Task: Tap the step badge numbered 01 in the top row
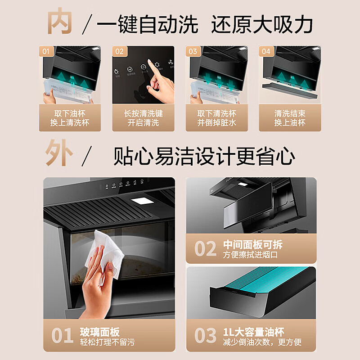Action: pyautogui.click(x=46, y=51)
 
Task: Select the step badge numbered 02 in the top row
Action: pyautogui.click(x=119, y=51)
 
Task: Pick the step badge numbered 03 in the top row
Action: pyautogui.click(x=193, y=51)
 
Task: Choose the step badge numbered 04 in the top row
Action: pyautogui.click(x=266, y=51)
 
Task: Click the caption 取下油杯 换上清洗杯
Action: pyautogui.click(x=70, y=118)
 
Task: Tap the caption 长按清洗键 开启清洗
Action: pyautogui.click(x=143, y=118)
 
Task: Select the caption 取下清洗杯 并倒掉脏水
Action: pyautogui.click(x=216, y=118)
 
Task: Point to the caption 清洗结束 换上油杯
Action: pyautogui.click(x=290, y=118)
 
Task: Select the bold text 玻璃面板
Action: pyautogui.click(x=101, y=332)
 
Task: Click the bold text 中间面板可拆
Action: pyautogui.click(x=253, y=245)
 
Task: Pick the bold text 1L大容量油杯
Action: pyautogui.click(x=254, y=332)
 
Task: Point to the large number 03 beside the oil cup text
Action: pyautogui.click(x=205, y=336)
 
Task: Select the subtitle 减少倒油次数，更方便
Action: pyautogui.click(x=262, y=343)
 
